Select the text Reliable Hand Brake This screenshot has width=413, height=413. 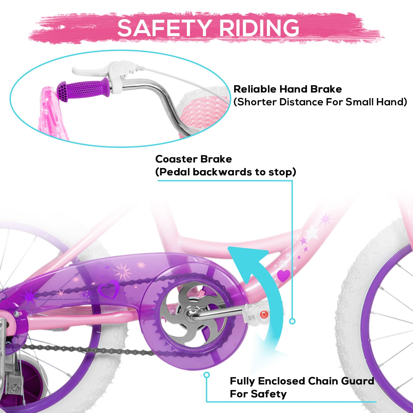[x=288, y=89]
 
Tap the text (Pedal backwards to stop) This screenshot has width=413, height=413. [x=226, y=172]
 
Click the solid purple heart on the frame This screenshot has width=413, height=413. [x=284, y=275]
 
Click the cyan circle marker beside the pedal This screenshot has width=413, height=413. [x=292, y=321]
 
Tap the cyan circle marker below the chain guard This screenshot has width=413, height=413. [x=206, y=375]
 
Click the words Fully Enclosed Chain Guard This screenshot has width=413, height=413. [x=302, y=381]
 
